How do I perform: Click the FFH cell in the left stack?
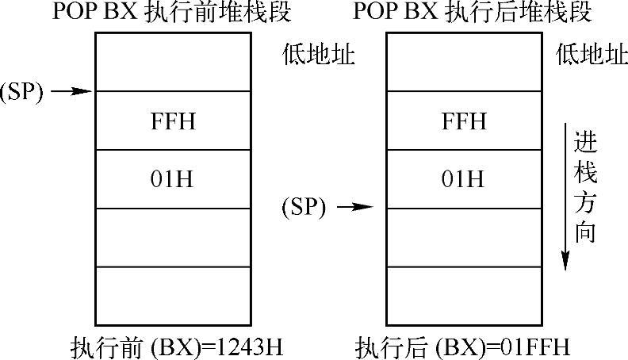(173, 121)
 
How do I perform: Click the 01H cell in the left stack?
(173, 179)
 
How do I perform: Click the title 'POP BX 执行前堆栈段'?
(172, 13)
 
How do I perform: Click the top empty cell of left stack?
(173, 62)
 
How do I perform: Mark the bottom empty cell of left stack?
(173, 294)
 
